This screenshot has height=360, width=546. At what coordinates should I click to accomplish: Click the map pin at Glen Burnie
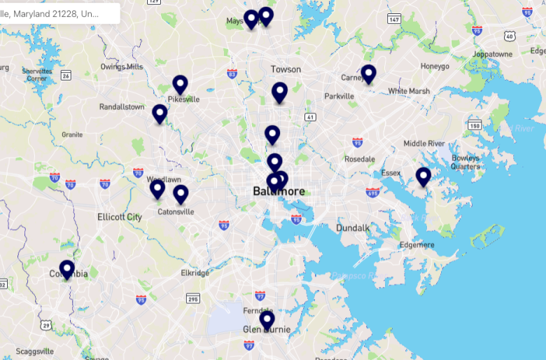click(x=267, y=320)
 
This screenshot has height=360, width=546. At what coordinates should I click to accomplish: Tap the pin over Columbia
click(x=66, y=269)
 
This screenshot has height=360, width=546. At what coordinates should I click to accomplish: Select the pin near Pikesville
click(x=180, y=85)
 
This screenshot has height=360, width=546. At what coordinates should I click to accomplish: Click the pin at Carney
click(x=368, y=74)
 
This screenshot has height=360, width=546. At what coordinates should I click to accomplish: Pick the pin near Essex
click(x=423, y=176)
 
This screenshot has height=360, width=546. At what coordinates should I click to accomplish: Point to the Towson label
click(x=286, y=69)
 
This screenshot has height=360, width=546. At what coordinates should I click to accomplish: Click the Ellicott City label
click(x=119, y=217)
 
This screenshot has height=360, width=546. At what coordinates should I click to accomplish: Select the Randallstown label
click(x=122, y=107)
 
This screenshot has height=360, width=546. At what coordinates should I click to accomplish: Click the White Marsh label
click(x=409, y=91)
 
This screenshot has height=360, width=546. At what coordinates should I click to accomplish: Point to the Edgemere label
click(x=416, y=245)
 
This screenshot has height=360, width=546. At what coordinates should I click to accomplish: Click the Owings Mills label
click(x=121, y=67)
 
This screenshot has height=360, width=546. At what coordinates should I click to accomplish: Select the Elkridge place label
click(x=195, y=273)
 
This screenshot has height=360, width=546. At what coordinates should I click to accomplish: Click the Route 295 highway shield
click(x=193, y=298)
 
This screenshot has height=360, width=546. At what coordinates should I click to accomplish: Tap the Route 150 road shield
click(x=475, y=126)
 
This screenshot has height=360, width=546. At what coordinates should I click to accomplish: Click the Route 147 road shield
click(x=394, y=20)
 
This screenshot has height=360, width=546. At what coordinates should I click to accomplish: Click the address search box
click(x=59, y=13)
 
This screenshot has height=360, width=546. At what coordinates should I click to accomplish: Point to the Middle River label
click(x=424, y=144)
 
